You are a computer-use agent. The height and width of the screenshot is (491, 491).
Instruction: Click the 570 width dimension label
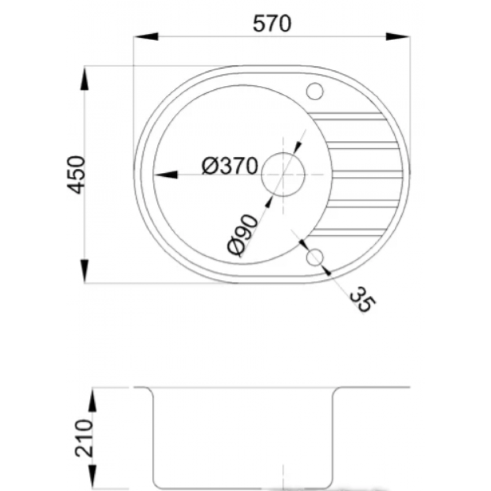pyautogui.click(x=272, y=24)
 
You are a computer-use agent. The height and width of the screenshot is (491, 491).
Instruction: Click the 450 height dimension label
pyautogui.click(x=76, y=175)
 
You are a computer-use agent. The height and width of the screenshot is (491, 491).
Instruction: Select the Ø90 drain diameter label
pyautogui.click(x=243, y=235)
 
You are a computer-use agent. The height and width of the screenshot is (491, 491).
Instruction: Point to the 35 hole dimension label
pyautogui.click(x=363, y=300)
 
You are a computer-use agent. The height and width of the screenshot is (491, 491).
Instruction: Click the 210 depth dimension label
pyautogui.click(x=84, y=438)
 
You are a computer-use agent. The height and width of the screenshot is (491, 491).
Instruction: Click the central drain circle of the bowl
pyautogui.click(x=283, y=174)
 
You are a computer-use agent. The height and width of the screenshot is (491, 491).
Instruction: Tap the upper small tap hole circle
pyautogui.click(x=315, y=91)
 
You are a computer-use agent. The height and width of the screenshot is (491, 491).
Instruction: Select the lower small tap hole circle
pyautogui.click(x=315, y=257)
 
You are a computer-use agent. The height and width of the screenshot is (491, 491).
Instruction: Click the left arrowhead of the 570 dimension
pyautogui.click(x=146, y=36)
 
